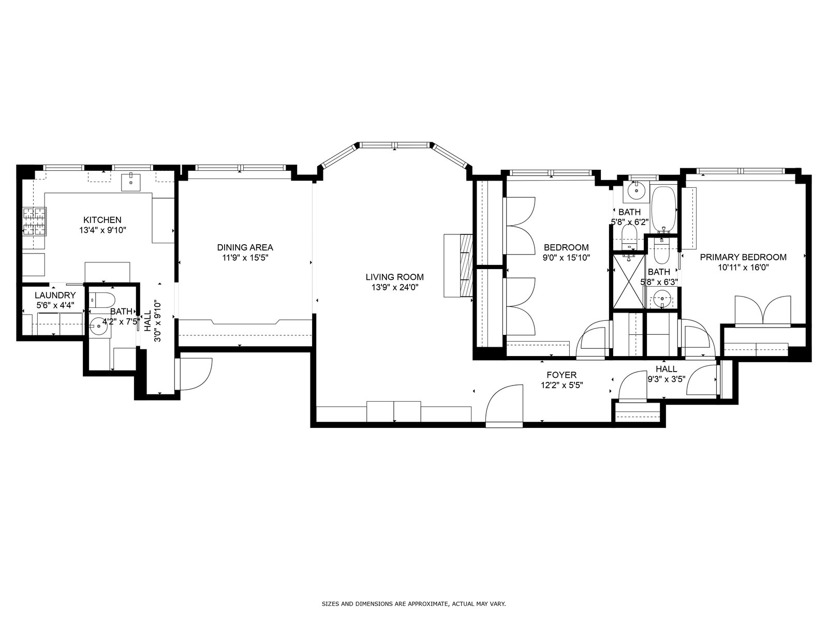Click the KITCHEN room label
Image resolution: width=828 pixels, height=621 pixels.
[102, 220]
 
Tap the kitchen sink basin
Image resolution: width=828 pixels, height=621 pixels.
[131, 182]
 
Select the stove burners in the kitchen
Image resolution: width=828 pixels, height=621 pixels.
[35, 221]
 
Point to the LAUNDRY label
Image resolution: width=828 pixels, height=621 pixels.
[55, 295]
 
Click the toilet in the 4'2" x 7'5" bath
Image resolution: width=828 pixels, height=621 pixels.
[102, 300]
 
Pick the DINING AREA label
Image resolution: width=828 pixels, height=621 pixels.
[245, 247]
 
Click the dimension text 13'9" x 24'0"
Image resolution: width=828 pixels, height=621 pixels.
[394, 287]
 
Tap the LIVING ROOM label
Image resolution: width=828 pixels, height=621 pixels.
[394, 277]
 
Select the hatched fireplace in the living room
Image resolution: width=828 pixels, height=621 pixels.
[466, 265]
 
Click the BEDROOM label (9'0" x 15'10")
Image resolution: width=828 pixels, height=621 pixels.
[566, 247]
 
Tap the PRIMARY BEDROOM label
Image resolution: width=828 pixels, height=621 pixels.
[743, 257]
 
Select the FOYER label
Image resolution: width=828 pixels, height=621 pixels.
[561, 375]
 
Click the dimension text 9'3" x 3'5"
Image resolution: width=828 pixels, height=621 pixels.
[666, 379]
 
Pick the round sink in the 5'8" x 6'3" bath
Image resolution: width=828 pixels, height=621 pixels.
[663, 300]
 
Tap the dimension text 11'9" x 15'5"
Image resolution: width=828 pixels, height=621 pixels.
[245, 258]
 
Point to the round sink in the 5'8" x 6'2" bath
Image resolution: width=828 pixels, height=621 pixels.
[637, 191]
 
